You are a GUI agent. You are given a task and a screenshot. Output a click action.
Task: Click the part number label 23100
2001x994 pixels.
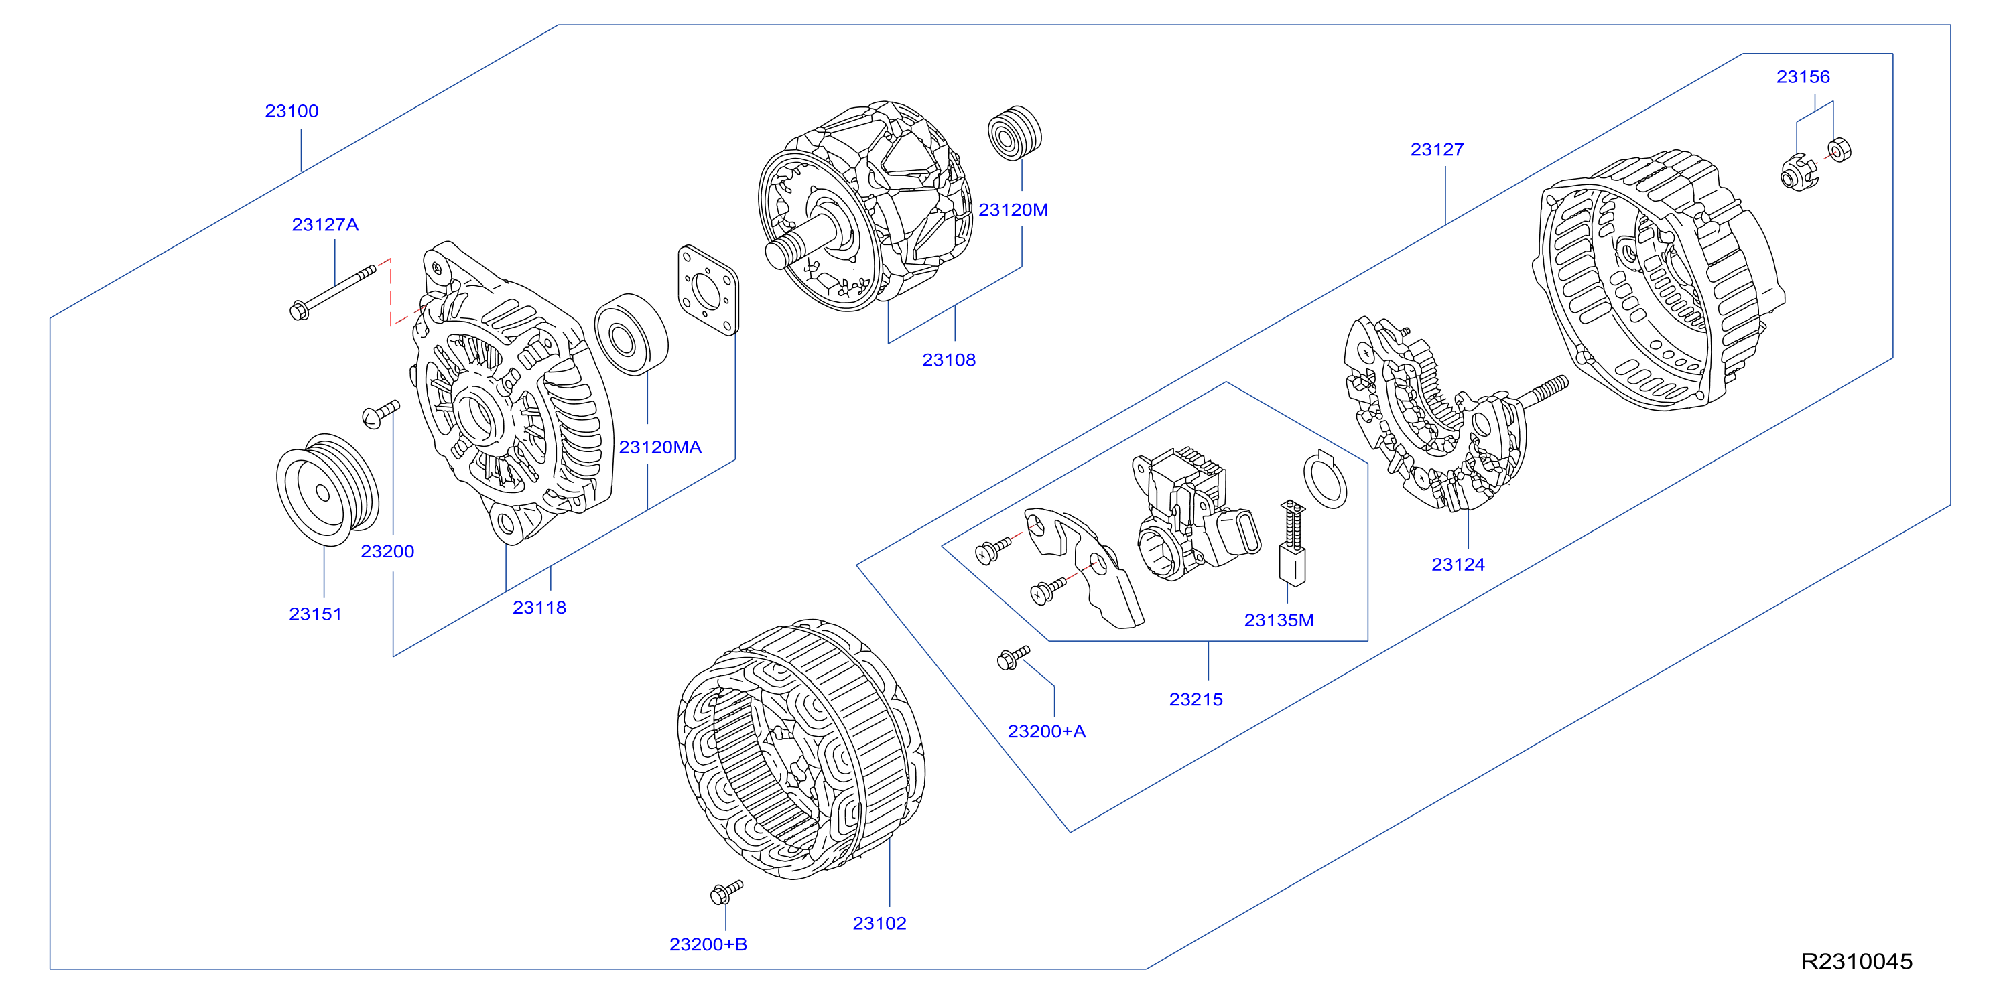click(x=292, y=111)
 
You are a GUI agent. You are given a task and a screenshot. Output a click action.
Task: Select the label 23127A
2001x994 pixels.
click(x=325, y=224)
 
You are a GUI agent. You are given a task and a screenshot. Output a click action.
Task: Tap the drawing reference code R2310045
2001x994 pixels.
click(x=1856, y=961)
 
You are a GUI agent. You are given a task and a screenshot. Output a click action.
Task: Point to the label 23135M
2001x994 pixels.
click(x=1279, y=620)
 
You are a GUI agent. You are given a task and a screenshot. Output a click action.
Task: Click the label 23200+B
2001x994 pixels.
click(x=708, y=944)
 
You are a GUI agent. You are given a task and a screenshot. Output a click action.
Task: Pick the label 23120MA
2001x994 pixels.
click(x=659, y=447)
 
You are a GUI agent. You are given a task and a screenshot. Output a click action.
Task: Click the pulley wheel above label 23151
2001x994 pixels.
click(x=327, y=489)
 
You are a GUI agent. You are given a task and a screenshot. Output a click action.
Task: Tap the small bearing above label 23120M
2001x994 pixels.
click(x=1015, y=133)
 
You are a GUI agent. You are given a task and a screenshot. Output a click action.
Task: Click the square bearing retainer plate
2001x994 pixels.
click(x=708, y=291)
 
